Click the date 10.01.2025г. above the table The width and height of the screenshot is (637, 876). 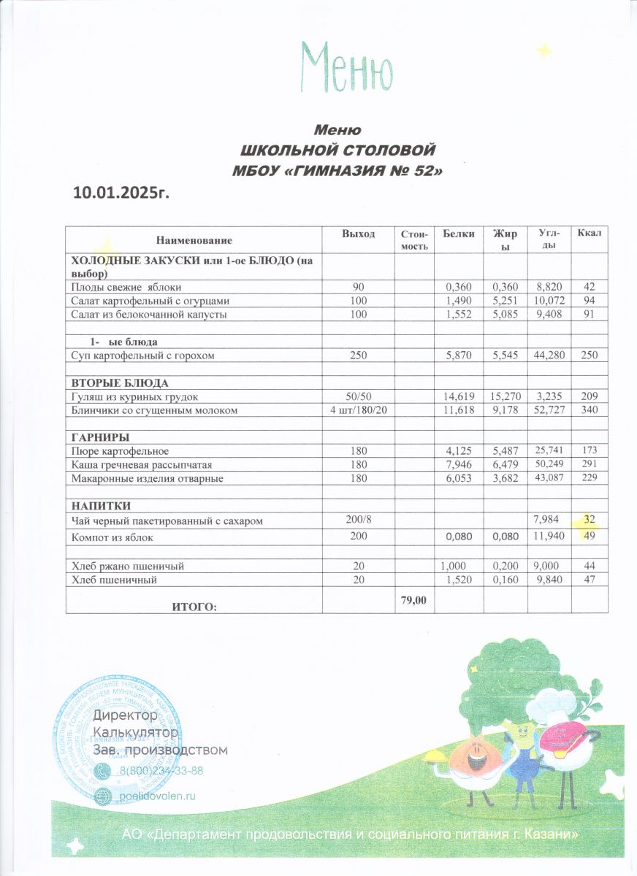pyautogui.click(x=126, y=192)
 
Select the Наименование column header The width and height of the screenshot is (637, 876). pyautogui.click(x=194, y=240)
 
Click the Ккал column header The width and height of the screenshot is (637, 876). pyautogui.click(x=589, y=233)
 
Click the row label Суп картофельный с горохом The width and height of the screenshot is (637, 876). pyautogui.click(x=152, y=356)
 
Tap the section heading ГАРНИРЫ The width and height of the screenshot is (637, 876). pyautogui.click(x=99, y=437)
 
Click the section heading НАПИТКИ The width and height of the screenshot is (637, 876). pyautogui.click(x=100, y=505)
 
